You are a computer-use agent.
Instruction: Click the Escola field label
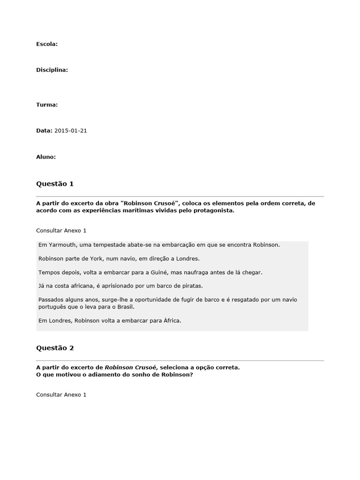(47, 44)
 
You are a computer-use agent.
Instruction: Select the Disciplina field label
(52, 70)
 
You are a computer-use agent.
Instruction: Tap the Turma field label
(47, 105)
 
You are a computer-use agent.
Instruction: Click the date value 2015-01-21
(71, 131)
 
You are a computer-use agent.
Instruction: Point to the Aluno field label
(46, 157)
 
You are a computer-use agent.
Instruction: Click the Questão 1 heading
(55, 184)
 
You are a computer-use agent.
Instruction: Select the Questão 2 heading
(55, 348)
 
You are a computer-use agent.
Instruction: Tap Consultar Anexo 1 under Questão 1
(61, 231)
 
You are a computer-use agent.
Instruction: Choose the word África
(170, 321)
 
